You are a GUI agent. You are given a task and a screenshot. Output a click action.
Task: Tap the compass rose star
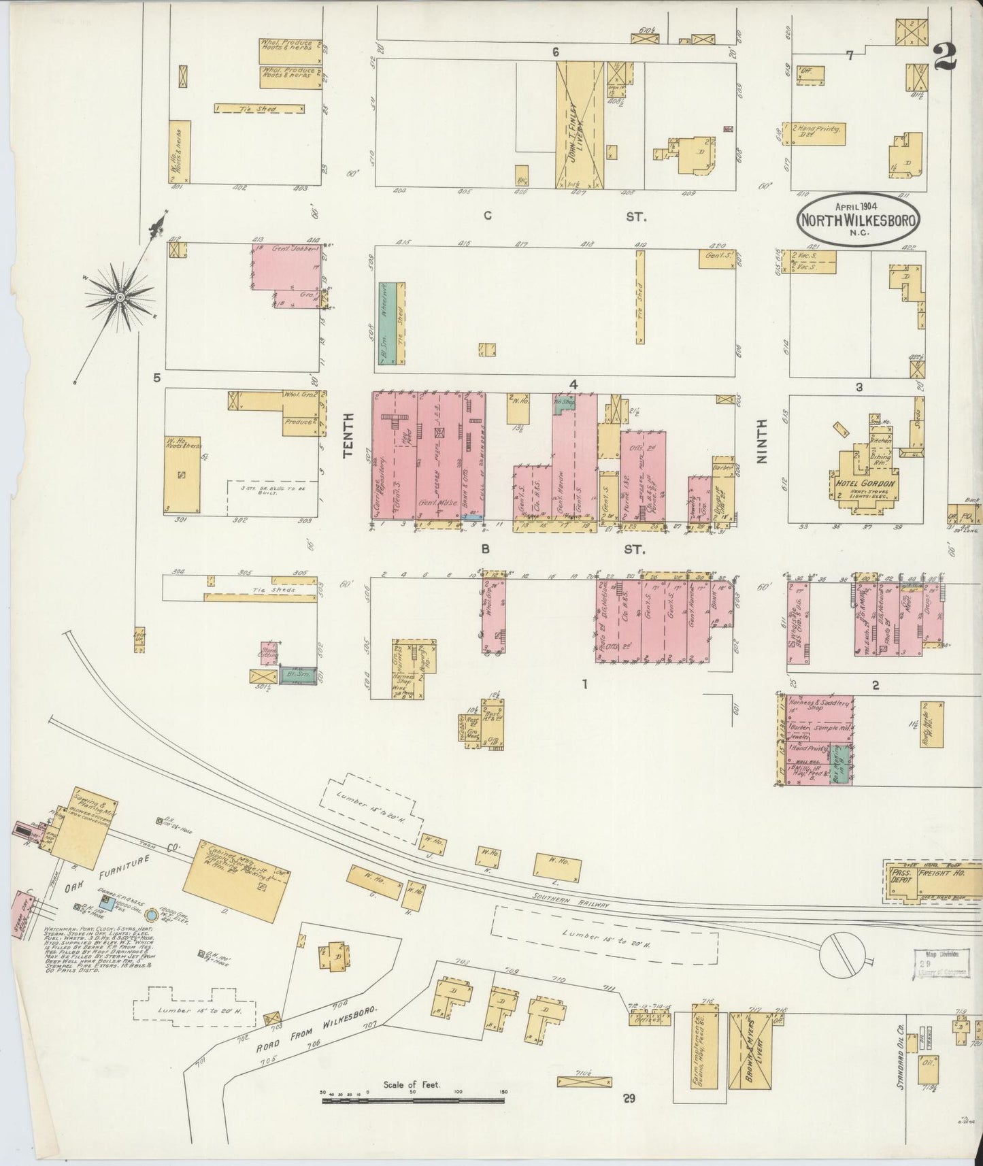120,297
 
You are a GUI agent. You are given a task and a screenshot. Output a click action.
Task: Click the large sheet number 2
946,56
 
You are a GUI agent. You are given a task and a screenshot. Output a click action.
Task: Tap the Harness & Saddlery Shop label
819,705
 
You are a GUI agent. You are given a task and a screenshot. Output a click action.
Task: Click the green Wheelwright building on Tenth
384,324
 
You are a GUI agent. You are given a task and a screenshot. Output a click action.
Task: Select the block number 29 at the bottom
629,1116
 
